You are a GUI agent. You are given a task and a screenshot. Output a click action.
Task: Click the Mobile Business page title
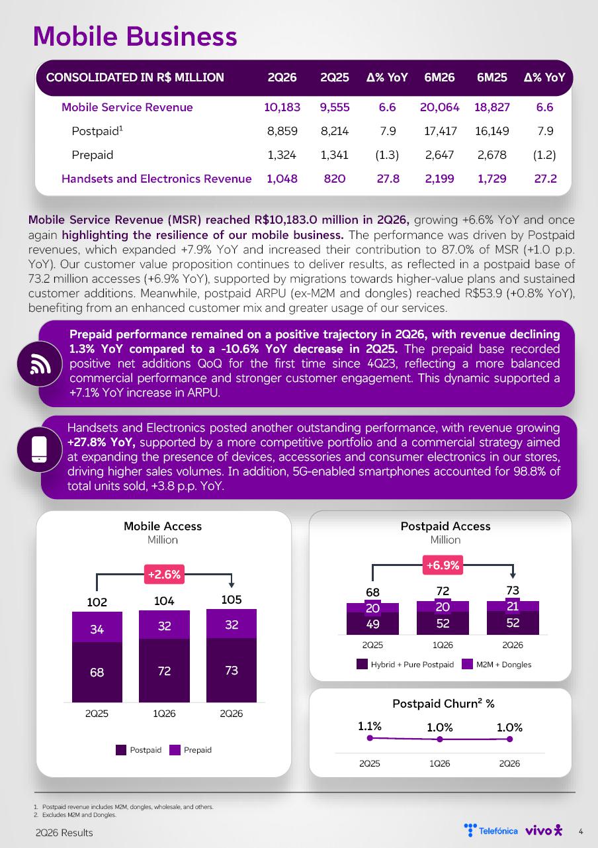click(135, 36)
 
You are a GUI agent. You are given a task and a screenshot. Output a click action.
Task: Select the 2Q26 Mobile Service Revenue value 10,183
click(282, 107)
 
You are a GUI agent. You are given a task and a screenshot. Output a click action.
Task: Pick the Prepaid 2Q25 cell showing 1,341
click(334, 155)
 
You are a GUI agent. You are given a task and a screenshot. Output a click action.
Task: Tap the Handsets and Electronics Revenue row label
click(156, 179)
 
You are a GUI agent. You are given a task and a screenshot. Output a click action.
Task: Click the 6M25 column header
click(491, 77)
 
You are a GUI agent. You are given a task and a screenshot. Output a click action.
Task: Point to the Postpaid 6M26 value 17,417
click(441, 131)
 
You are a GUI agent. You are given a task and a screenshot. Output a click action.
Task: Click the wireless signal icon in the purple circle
click(40, 364)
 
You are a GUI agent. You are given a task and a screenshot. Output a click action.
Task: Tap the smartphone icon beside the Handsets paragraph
click(39, 449)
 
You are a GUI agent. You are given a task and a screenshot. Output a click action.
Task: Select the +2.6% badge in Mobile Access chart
click(164, 575)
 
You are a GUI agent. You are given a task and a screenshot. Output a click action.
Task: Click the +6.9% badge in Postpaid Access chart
click(443, 565)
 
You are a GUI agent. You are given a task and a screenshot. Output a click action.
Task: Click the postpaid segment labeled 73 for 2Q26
click(232, 670)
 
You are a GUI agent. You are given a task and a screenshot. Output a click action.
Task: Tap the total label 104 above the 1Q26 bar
click(164, 601)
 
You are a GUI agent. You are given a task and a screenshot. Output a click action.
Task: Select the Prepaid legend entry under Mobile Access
click(191, 750)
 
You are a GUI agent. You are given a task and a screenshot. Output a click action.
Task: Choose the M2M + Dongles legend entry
click(497, 665)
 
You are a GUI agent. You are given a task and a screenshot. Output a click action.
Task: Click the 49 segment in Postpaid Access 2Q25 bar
click(372, 624)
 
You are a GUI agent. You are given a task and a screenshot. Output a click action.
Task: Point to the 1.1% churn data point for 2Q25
click(370, 738)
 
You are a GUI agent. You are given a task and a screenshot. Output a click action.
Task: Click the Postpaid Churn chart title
click(443, 704)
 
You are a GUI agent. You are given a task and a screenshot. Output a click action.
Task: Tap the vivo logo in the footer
click(544, 831)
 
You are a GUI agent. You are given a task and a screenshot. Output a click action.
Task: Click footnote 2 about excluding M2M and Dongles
click(75, 815)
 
